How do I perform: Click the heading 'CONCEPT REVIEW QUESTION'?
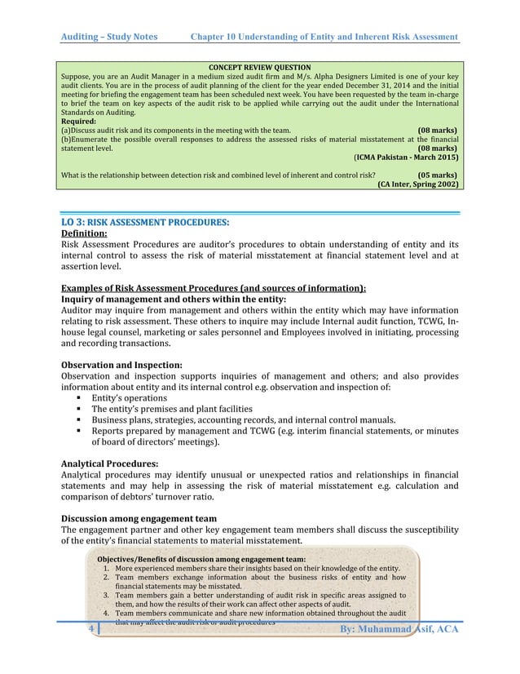pyautogui.click(x=260, y=66)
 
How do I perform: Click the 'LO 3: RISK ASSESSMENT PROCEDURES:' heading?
pyautogui.click(x=145, y=221)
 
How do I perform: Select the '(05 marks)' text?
pyautogui.click(x=436, y=174)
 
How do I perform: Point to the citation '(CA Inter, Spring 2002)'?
pyautogui.click(x=416, y=184)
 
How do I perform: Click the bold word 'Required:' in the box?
pyautogui.click(x=78, y=120)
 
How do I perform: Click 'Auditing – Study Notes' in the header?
pyautogui.click(x=113, y=38)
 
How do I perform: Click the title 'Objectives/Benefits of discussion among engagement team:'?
pyautogui.click(x=201, y=558)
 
